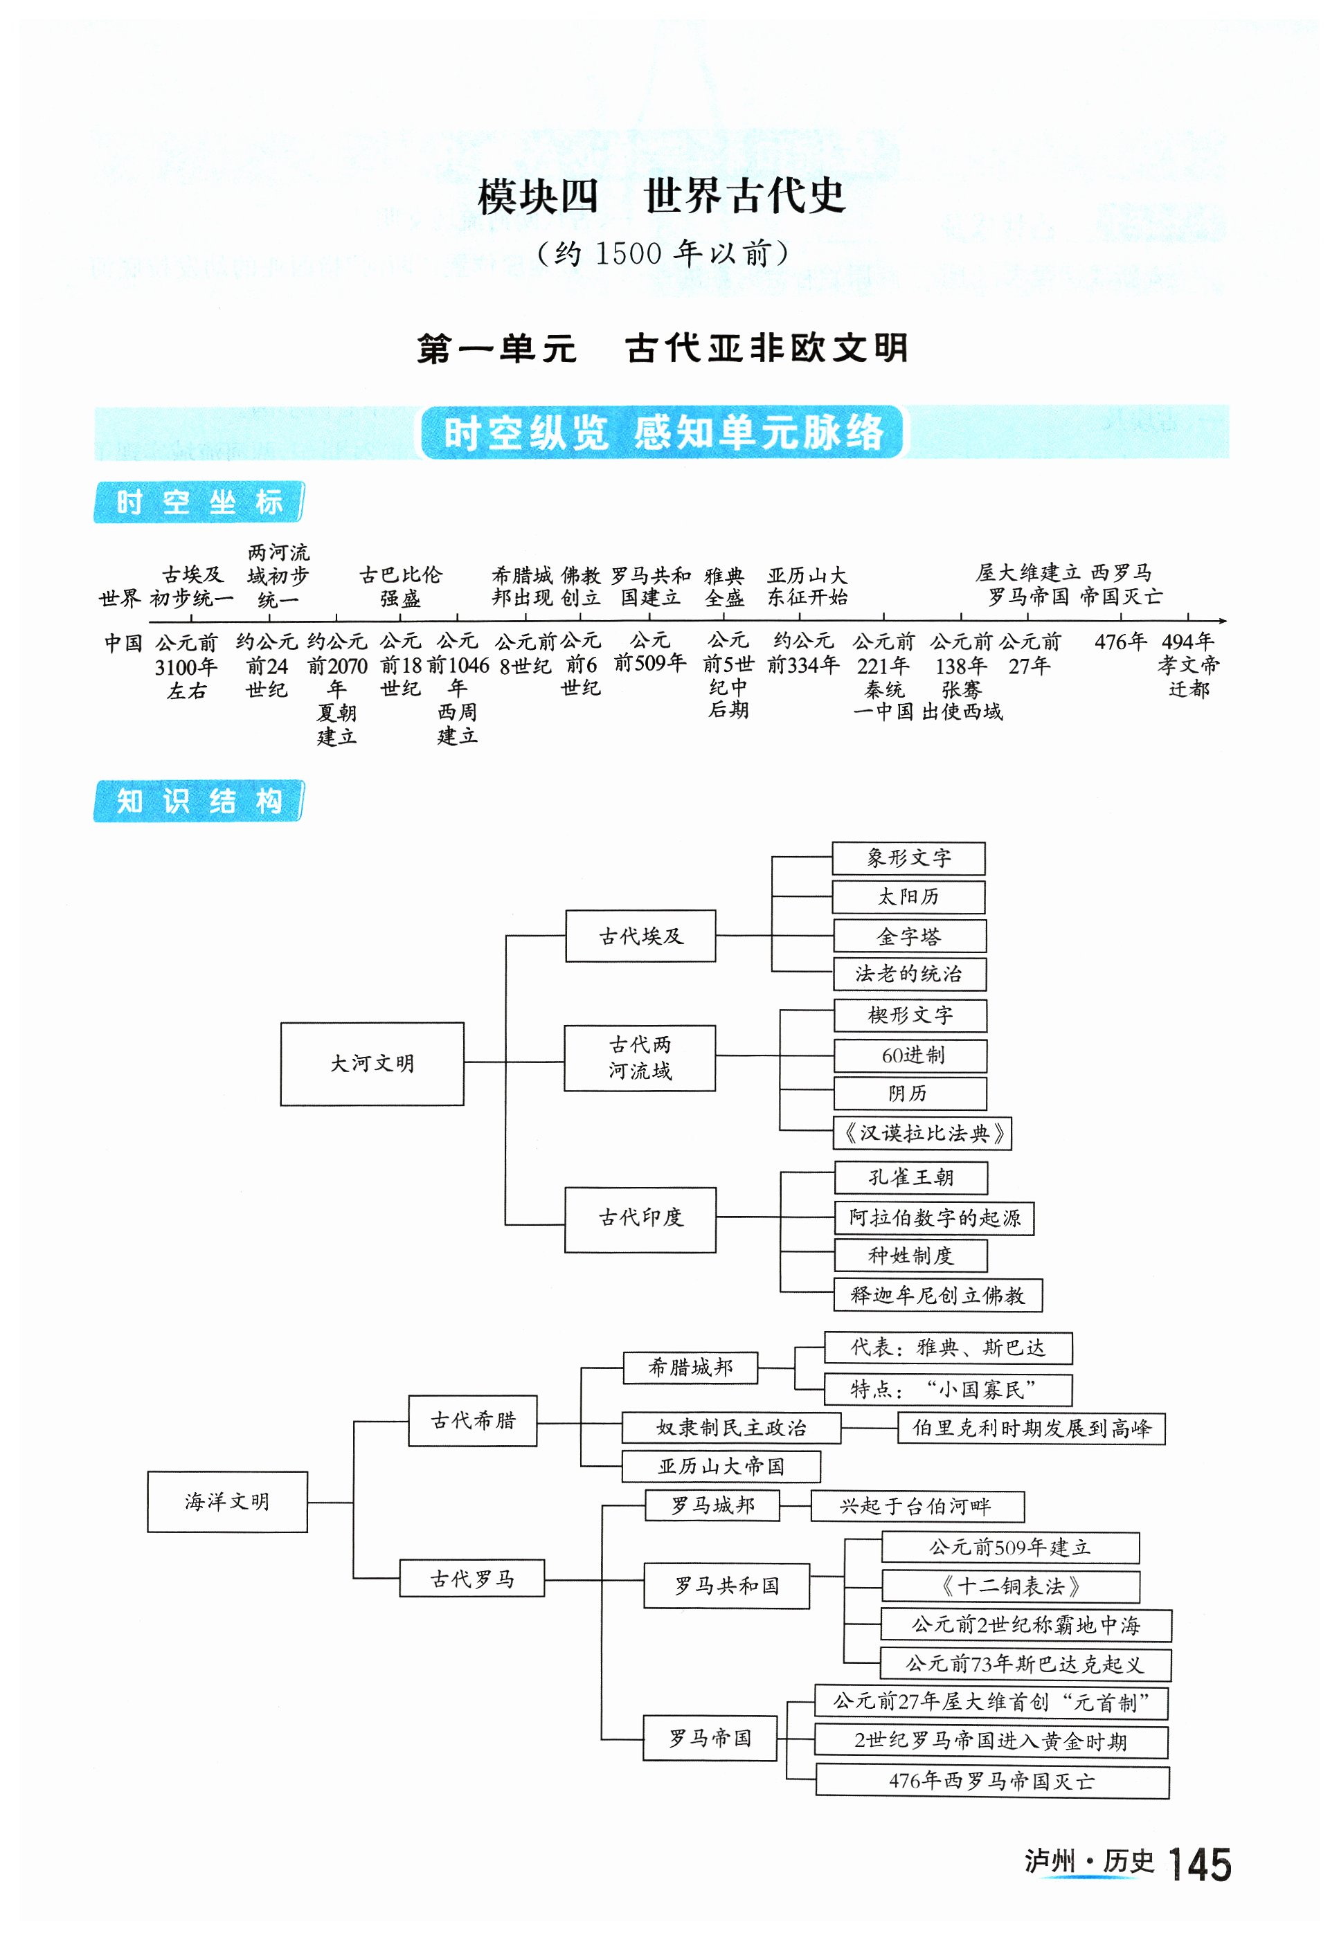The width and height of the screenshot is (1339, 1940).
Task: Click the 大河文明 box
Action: click(x=372, y=1064)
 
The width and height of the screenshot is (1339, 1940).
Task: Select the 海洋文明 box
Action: click(x=227, y=1501)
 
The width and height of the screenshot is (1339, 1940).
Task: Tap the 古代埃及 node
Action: click(x=640, y=936)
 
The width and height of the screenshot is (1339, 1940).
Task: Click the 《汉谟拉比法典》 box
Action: click(x=923, y=1133)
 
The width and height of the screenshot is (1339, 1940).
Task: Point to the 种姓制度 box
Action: click(x=910, y=1255)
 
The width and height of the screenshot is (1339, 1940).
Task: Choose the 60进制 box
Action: click(x=910, y=1055)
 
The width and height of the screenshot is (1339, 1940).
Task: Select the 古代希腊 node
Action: click(x=472, y=1421)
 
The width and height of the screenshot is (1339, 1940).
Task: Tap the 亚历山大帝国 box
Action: click(x=721, y=1466)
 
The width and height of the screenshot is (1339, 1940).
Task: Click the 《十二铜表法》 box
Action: click(x=1010, y=1586)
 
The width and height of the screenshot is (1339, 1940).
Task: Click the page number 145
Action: click(x=1199, y=1865)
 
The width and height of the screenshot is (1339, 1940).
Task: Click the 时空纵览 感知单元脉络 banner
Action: click(x=662, y=433)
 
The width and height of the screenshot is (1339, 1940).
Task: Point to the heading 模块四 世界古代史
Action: click(x=661, y=197)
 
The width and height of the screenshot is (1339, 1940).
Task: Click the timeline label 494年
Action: click(x=1187, y=642)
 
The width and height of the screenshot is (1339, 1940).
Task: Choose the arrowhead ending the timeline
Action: click(x=1223, y=621)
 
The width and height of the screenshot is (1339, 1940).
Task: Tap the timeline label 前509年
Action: click(x=650, y=662)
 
